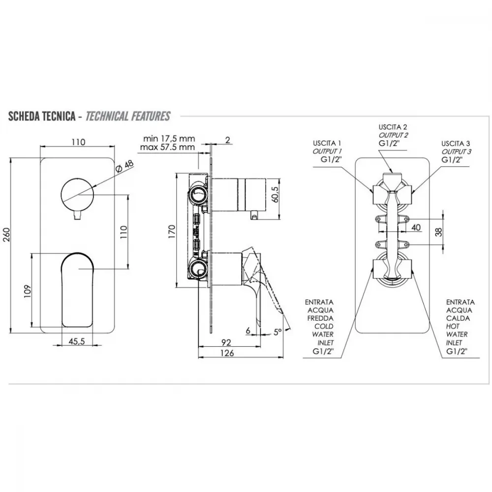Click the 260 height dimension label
(x=7, y=234)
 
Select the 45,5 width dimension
(x=77, y=341)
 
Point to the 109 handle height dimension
(x=28, y=291)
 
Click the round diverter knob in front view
(x=77, y=195)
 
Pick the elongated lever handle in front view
(x=77, y=289)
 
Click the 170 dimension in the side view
(x=172, y=232)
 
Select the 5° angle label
(x=277, y=332)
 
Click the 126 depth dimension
(x=227, y=353)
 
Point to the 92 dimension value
(x=226, y=342)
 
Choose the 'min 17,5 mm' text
(x=169, y=138)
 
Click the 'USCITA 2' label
(x=393, y=127)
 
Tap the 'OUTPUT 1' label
(x=327, y=152)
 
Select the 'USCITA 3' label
(x=456, y=144)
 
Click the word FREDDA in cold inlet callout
(x=320, y=318)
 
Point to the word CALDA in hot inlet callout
(x=458, y=318)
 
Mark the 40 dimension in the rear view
(x=416, y=227)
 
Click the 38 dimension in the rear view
(x=439, y=232)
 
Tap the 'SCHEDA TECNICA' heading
(x=42, y=116)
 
